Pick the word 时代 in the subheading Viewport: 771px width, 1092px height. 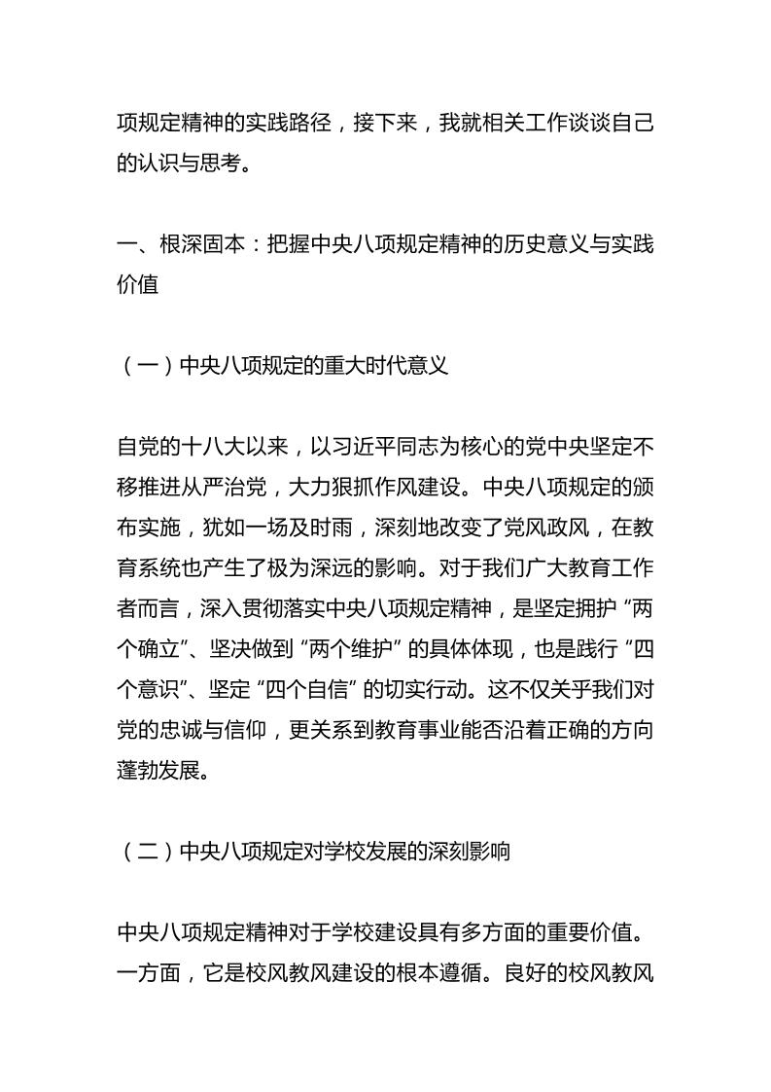pos(382,366)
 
